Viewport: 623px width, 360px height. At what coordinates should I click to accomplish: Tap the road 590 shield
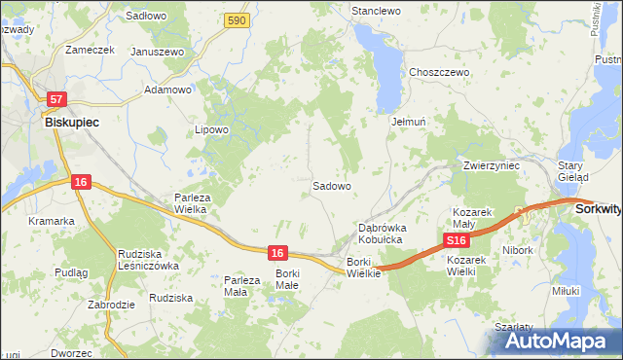(235, 20)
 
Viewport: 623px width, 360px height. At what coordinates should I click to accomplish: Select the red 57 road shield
(56, 99)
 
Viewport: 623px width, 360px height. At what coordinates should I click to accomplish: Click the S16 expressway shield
(456, 239)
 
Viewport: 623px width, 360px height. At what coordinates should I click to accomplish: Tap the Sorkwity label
(598, 208)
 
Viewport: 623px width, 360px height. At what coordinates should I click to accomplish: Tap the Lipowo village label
(211, 129)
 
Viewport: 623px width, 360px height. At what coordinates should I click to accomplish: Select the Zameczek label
(89, 49)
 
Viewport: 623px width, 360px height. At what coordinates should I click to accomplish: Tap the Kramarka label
(52, 221)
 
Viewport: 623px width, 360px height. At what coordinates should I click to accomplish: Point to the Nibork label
(519, 250)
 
